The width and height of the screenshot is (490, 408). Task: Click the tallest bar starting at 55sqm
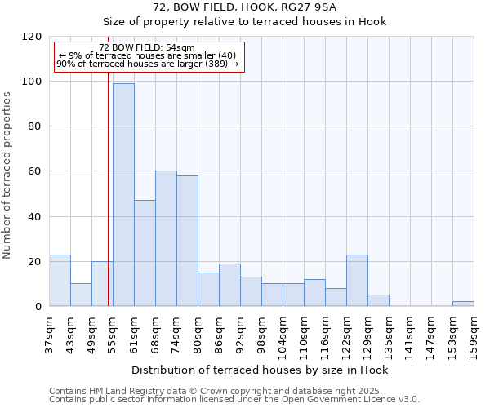(123, 194)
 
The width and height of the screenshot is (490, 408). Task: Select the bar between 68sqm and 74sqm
(166, 238)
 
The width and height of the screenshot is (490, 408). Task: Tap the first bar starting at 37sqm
(60, 280)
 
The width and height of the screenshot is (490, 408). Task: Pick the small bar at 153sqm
(463, 304)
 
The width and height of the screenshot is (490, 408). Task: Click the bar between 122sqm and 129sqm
(357, 280)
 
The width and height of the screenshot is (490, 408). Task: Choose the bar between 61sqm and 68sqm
(145, 253)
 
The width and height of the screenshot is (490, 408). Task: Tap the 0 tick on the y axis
(38, 307)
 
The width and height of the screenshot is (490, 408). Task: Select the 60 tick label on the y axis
(35, 171)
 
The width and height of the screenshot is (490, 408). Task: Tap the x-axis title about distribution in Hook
(260, 370)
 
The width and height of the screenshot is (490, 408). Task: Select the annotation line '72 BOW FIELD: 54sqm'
(147, 48)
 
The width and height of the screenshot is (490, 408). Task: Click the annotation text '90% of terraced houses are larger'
(147, 64)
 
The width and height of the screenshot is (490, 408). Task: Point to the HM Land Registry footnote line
(233, 392)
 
